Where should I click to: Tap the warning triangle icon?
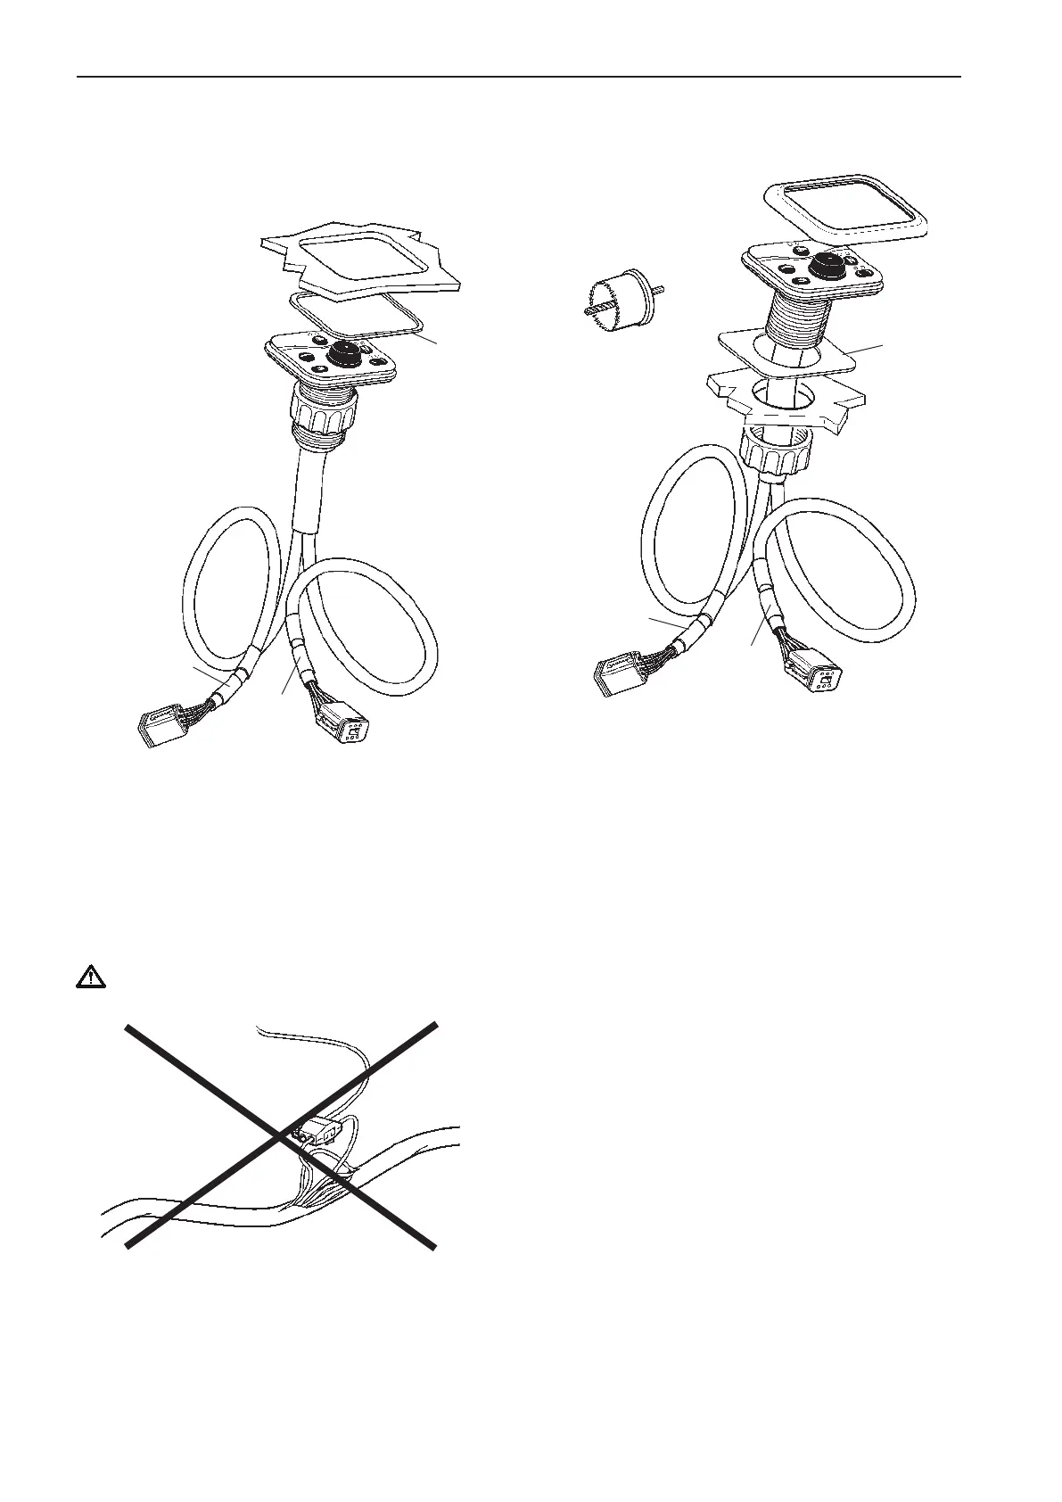(89, 978)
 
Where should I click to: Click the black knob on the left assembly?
(343, 354)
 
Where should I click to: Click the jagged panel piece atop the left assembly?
(361, 259)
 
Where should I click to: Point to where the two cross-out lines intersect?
(283, 1136)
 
